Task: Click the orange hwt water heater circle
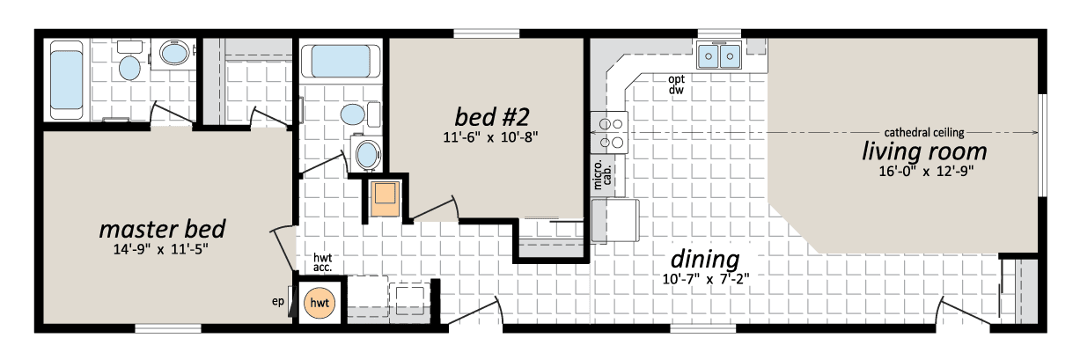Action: tap(320, 303)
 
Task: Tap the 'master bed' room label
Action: tap(163, 230)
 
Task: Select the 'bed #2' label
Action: tap(492, 117)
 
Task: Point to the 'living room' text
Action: tap(924, 151)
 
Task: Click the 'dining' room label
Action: tap(705, 260)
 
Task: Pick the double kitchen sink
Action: tap(719, 55)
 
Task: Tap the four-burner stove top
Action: tap(609, 133)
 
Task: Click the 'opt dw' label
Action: tap(676, 84)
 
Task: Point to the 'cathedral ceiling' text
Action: tap(924, 133)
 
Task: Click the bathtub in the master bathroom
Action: tap(67, 80)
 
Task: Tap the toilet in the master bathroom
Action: tap(129, 61)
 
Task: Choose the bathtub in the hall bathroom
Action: tap(341, 62)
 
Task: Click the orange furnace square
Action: tap(386, 198)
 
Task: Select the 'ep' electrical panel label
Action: tap(278, 302)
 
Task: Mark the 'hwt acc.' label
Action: tap(322, 262)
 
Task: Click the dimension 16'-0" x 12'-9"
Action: tap(926, 171)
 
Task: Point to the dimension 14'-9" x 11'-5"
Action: tap(160, 249)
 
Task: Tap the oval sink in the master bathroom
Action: tap(174, 53)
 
